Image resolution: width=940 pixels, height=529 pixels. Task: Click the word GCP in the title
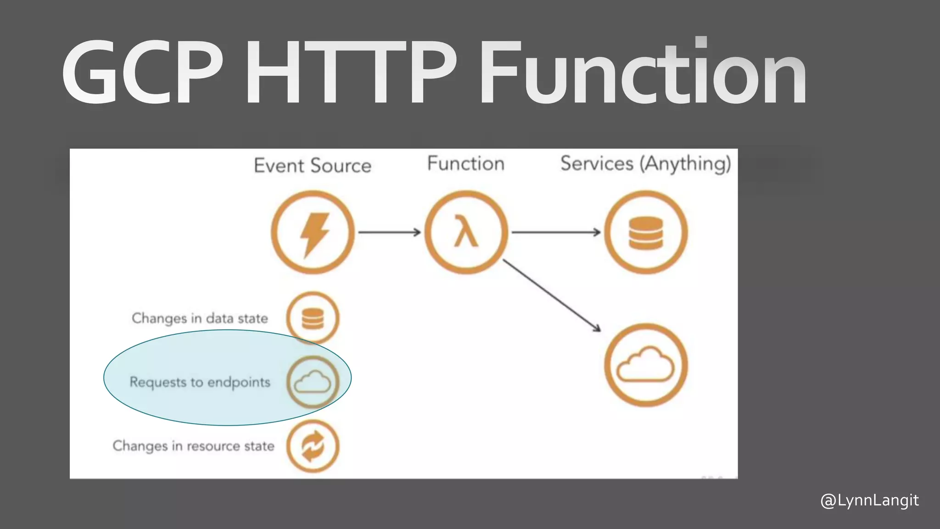(x=142, y=73)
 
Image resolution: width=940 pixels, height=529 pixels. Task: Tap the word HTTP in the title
(x=351, y=73)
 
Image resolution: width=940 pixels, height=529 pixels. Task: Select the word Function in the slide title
(x=643, y=73)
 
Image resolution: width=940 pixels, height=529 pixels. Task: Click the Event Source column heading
(x=313, y=166)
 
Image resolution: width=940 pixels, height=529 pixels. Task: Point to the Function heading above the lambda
(x=465, y=164)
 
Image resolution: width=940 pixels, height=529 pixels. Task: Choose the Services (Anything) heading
(x=645, y=164)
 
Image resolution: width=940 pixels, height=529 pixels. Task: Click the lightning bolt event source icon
(x=313, y=233)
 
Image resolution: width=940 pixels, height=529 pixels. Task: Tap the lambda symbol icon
(x=466, y=233)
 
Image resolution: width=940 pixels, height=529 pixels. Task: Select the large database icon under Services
(x=646, y=233)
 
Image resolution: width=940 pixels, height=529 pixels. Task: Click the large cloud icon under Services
(x=646, y=366)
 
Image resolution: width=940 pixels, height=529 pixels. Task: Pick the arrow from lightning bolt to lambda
(x=389, y=232)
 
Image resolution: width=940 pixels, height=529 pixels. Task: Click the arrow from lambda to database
(x=556, y=232)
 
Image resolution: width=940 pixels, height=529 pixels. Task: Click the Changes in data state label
(x=200, y=318)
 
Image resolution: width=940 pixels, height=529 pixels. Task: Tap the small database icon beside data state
(x=313, y=318)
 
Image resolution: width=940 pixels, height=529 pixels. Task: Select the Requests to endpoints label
(x=200, y=382)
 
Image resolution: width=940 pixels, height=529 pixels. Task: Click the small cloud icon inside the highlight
(x=313, y=382)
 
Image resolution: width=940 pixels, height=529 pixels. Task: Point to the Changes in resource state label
(x=193, y=446)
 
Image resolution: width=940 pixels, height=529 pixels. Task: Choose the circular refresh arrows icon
(x=313, y=446)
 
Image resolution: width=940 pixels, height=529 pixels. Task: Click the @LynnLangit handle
(x=869, y=501)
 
